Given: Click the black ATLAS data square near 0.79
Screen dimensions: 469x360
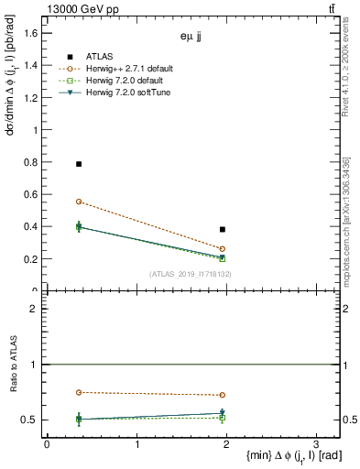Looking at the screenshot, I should click(79, 164).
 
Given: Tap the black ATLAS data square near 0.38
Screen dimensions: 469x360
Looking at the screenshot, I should click(223, 229).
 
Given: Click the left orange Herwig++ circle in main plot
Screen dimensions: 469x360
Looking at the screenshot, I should click(79, 202).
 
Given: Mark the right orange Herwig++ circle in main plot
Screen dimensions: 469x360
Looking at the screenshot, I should click(223, 249).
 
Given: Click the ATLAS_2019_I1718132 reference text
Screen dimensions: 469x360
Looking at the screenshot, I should click(191, 274).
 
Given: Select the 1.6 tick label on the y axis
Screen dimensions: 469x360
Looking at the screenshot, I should click(30, 33).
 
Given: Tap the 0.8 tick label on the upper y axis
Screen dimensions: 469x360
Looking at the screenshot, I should click(30, 162).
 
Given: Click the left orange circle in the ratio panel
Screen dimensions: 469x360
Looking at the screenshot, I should click(79, 392).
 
